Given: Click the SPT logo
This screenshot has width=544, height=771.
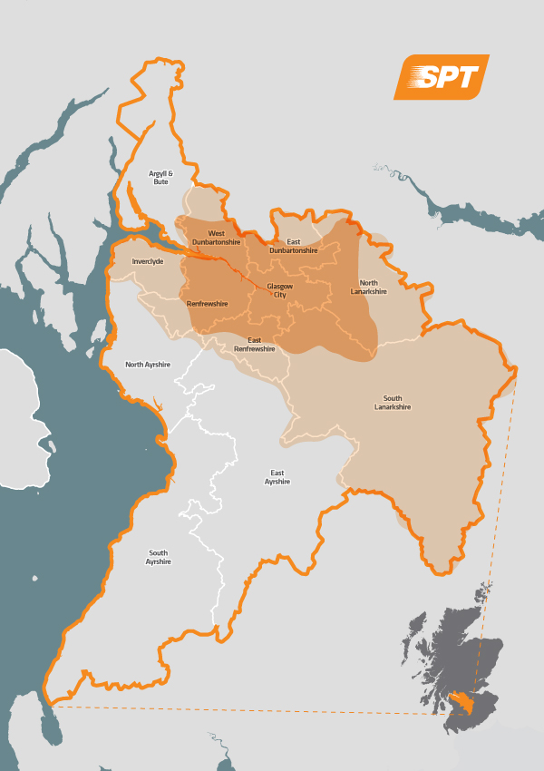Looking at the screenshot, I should coord(442,77).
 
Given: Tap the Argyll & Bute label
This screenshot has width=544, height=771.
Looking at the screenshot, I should coord(160,177).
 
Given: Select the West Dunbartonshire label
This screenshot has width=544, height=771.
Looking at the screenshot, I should coord(216,238).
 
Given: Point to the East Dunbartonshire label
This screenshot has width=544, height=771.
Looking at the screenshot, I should coord(294,246).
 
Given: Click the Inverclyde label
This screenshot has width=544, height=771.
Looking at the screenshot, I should coord(147,261).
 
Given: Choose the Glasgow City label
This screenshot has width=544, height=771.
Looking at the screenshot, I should coord(280,290).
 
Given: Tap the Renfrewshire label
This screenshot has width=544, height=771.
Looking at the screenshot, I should coord(207,304).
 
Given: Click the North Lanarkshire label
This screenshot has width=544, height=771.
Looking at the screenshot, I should coord(369,287).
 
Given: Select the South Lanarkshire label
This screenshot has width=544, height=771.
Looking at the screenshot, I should coord(393,403).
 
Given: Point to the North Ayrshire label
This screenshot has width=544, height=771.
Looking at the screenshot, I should coord(148,364).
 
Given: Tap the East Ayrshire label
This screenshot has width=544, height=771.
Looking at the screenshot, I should coord(277,477).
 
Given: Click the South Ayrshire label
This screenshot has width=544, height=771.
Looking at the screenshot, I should coord(159,557).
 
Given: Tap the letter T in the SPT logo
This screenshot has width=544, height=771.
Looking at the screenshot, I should coord(465,78).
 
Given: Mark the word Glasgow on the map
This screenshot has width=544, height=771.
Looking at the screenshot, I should coord(280,286).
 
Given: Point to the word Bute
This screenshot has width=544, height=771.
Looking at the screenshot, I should coord(160,182).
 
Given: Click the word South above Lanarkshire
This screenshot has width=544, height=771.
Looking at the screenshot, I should coord(393,398).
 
